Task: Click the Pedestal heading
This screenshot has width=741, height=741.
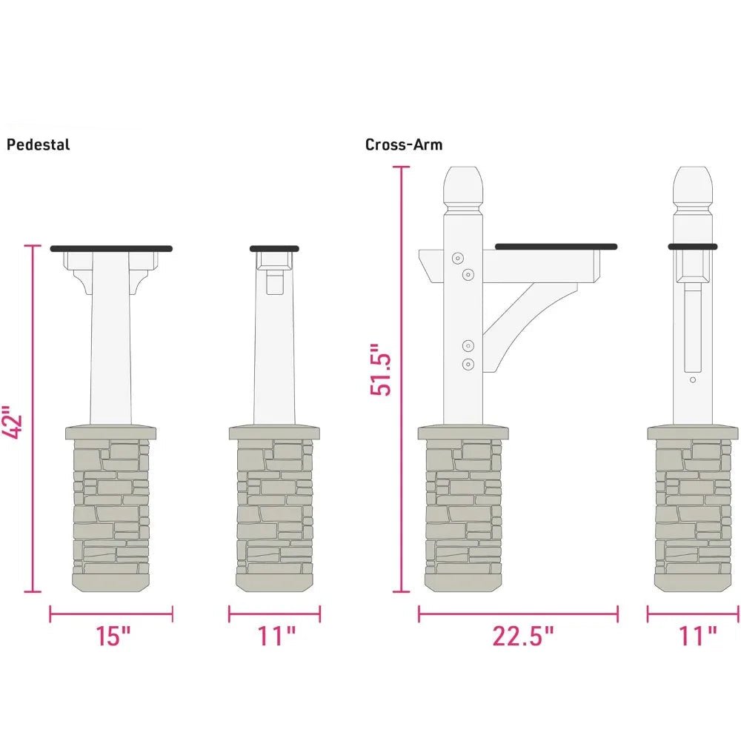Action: [38, 144]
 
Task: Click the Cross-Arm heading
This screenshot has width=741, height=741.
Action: [404, 144]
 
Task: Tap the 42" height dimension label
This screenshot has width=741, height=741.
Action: [13, 422]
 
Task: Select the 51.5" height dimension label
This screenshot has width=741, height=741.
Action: [381, 370]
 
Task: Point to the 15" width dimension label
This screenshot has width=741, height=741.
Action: [113, 636]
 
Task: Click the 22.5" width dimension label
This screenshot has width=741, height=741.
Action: [522, 636]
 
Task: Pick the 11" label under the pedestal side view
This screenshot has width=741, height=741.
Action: [276, 636]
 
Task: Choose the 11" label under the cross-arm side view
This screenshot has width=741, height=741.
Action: [697, 636]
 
